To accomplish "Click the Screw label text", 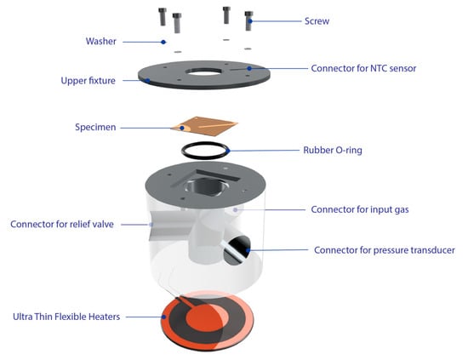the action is pos(317,21).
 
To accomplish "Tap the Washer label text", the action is pos(101,41).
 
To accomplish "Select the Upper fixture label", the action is pos(88,81).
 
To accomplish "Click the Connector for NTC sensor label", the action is pos(363,68).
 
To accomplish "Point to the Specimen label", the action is pos(95,127).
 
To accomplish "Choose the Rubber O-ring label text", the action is pos(333,150).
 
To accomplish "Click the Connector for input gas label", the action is pos(360,209).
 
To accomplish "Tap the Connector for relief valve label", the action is pos(62,224).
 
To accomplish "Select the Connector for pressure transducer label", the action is pos(385,250).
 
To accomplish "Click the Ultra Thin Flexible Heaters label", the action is pos(66,317).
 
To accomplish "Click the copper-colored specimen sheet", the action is pos(205,126).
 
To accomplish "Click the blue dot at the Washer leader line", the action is pos(163,42).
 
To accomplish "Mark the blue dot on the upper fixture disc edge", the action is pos(147,80).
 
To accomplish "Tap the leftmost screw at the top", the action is pos(163,17).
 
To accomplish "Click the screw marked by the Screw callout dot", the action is pos(248,21).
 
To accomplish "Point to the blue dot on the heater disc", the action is pos(164,317).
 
